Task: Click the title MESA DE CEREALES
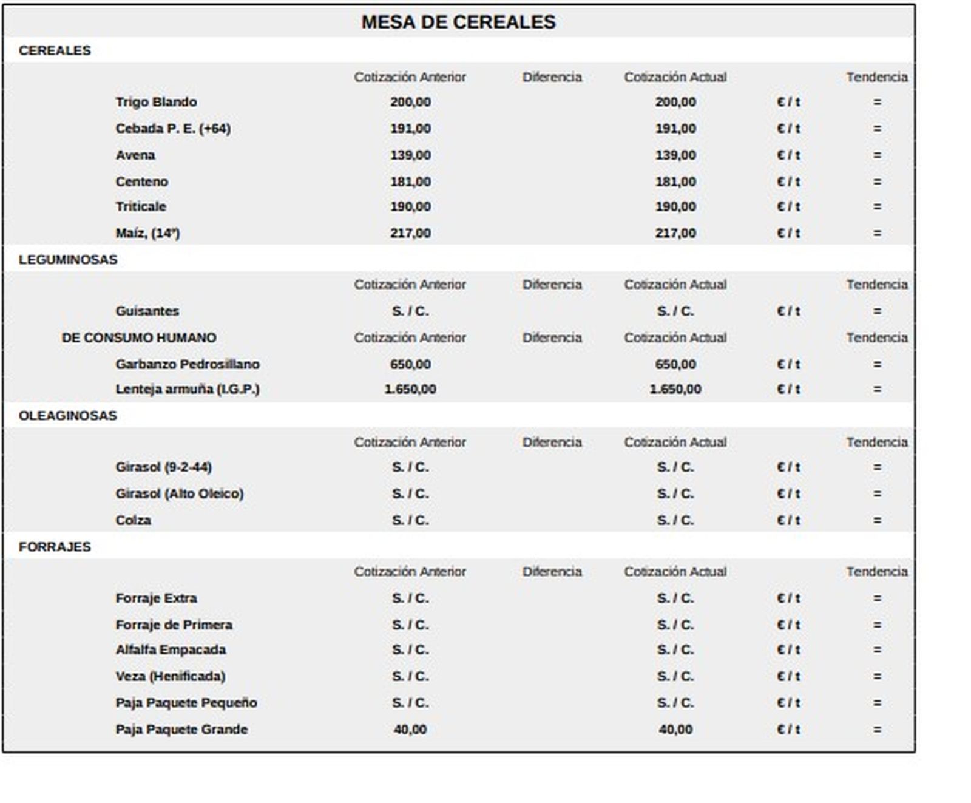click(458, 22)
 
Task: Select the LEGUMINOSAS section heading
click(68, 260)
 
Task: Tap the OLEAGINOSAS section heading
click(68, 416)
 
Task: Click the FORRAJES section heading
click(55, 547)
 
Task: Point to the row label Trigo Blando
click(156, 102)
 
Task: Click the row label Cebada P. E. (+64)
click(173, 129)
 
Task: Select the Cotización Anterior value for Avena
click(410, 155)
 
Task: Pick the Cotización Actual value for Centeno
click(675, 182)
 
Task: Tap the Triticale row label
click(141, 207)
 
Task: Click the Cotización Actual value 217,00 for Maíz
click(675, 234)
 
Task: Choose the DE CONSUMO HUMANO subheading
click(139, 337)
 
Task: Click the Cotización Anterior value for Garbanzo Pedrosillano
click(410, 365)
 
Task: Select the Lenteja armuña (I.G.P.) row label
click(188, 390)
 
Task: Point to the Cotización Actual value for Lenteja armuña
click(675, 390)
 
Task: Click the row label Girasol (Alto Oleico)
click(180, 494)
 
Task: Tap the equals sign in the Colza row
click(877, 521)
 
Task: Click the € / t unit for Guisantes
click(788, 311)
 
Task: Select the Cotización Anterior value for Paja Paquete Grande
click(410, 730)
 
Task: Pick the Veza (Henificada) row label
click(171, 677)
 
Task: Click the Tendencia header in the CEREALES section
click(877, 77)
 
